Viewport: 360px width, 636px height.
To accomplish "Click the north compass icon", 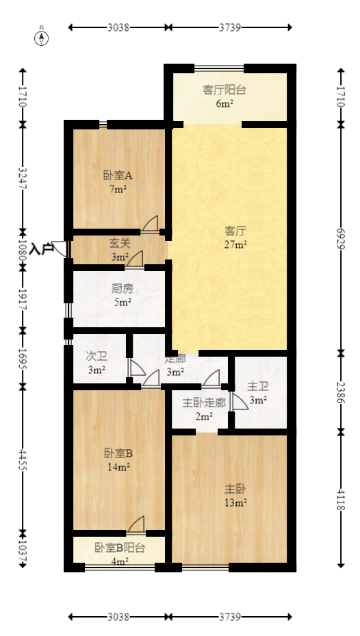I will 42,37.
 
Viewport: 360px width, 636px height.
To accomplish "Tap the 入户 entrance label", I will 41,249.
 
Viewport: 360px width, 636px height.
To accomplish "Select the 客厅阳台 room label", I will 224,90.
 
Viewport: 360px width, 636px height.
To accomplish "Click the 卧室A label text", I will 118,175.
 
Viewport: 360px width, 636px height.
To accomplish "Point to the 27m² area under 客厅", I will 235,244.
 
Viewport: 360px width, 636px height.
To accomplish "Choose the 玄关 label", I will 120,243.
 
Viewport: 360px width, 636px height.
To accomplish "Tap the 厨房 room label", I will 123,288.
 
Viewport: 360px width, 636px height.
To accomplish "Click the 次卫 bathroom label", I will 96,357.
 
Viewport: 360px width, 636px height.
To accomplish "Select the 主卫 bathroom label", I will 257,386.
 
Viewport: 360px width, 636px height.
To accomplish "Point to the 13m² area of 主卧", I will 235,503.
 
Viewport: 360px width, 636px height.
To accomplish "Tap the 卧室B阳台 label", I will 120,548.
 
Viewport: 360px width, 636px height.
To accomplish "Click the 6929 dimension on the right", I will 342,238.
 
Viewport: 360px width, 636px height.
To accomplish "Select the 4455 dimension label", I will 23,457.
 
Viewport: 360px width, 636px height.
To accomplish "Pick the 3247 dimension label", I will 23,178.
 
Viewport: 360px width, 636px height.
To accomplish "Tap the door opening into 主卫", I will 238,402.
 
